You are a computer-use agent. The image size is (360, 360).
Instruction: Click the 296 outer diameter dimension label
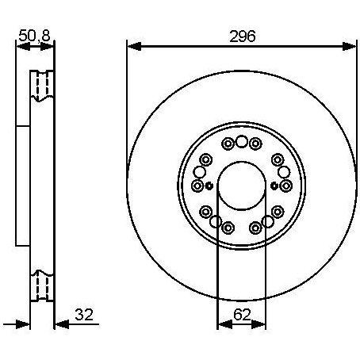click(x=243, y=36)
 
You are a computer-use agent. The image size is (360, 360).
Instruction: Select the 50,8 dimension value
click(x=35, y=36)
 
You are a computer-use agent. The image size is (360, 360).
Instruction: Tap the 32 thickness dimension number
click(x=84, y=315)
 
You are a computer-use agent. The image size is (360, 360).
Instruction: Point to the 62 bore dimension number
click(x=242, y=315)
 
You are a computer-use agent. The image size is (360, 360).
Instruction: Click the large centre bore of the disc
click(x=242, y=186)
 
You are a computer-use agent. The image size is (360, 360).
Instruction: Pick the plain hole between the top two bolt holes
click(x=241, y=141)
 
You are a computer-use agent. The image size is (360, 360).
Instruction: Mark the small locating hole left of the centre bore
click(x=209, y=186)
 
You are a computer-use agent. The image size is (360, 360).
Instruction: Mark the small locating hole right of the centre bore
click(x=274, y=186)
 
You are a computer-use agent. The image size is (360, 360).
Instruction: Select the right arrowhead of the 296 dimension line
click(x=349, y=46)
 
